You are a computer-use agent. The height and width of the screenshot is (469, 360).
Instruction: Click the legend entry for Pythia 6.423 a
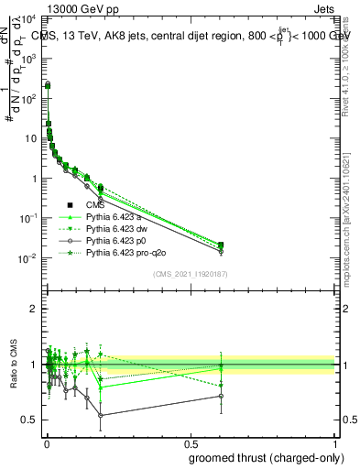(116, 216)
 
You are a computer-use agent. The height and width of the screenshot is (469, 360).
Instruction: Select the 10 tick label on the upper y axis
(30, 138)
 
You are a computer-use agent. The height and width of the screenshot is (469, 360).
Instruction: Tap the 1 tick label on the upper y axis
(34, 179)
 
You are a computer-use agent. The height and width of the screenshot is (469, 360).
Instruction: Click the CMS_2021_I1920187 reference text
(190, 274)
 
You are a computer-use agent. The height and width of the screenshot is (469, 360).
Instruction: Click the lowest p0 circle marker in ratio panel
(100, 415)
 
